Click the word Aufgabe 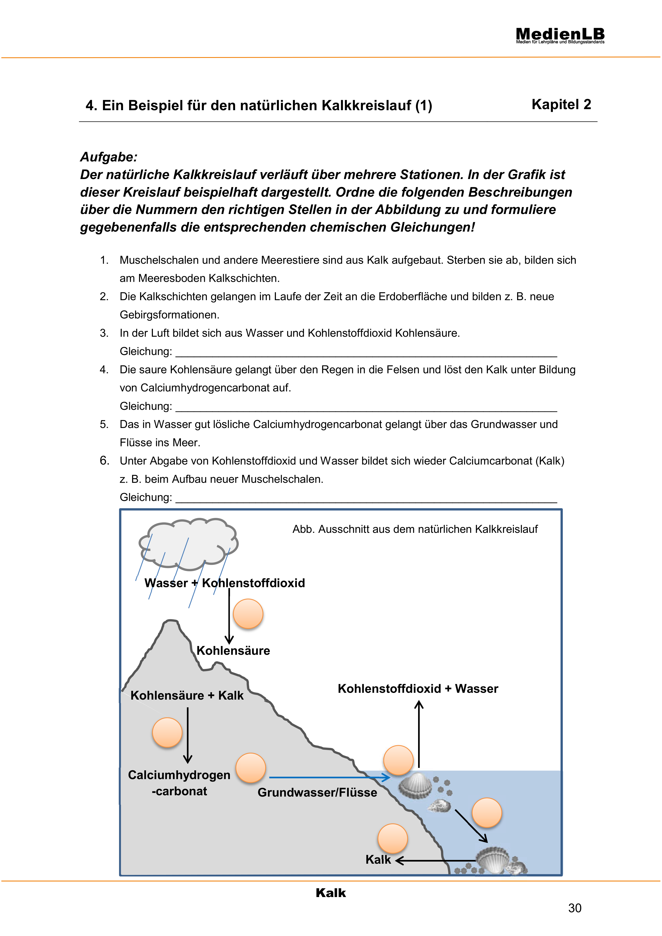[108, 157]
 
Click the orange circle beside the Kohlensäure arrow [248, 613]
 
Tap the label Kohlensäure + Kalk [187, 696]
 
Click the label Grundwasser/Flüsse [317, 792]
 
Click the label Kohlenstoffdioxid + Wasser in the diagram [418, 689]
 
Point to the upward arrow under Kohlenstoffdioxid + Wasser [419, 734]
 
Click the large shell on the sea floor [492, 859]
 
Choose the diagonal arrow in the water [471, 826]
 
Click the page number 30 [574, 908]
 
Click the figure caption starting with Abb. [415, 529]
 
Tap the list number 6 [104, 461]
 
